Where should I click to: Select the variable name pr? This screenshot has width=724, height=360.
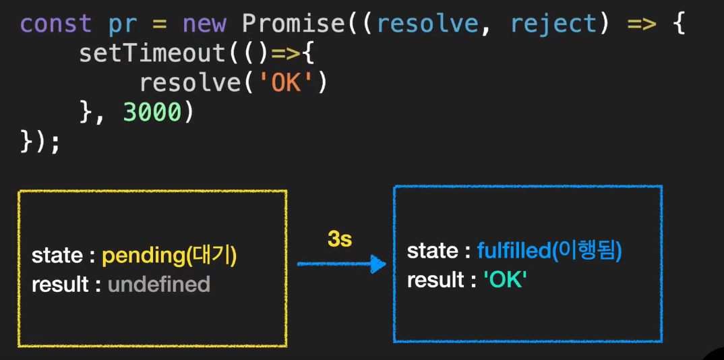tap(122, 24)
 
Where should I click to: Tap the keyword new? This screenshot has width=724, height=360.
tap(204, 24)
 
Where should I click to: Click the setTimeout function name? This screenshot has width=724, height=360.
tap(152, 53)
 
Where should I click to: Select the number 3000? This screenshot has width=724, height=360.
tap(152, 113)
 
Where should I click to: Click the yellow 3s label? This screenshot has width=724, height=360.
tap(340, 238)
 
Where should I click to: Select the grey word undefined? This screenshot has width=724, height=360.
tap(159, 284)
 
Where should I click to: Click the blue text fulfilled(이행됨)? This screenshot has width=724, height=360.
tap(549, 251)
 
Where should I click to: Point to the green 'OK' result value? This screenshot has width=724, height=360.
tap(504, 280)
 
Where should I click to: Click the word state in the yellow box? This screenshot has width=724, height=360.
tap(57, 256)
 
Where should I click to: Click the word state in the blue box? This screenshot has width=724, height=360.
tap(432, 251)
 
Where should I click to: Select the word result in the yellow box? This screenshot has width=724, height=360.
tap(60, 284)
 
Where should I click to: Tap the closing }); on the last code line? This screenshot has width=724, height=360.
tap(41, 142)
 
